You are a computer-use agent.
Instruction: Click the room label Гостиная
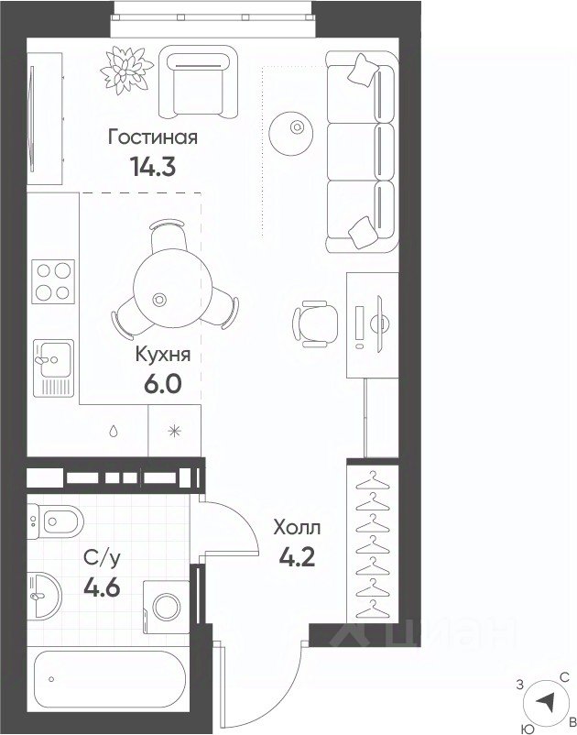153,137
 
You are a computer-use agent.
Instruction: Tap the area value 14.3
153,166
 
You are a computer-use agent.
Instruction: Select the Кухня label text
163,356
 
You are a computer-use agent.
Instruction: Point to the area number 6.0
162,384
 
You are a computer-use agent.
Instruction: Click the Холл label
298,528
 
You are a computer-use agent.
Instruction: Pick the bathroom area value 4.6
102,587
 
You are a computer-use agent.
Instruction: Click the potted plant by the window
126,70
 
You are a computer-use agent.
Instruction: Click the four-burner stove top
53,281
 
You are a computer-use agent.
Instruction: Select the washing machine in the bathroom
167,607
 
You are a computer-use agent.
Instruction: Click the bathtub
110,679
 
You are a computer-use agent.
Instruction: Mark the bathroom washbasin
44,596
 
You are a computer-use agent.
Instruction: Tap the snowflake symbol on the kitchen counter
174,431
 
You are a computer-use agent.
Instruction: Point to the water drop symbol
114,432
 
